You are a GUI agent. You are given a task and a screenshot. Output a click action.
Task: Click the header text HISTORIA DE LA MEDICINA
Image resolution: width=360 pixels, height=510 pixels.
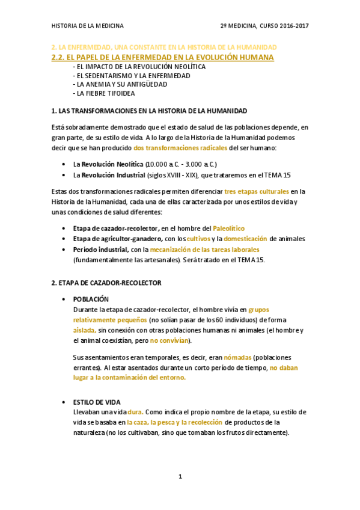coord(88,26)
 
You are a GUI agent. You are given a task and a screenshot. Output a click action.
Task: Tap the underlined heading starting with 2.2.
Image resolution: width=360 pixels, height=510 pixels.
coord(163,57)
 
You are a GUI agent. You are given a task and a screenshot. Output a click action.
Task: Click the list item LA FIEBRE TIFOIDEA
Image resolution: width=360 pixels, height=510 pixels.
coord(104,93)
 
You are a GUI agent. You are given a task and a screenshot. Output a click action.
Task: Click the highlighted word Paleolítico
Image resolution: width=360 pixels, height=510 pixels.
coord(229,228)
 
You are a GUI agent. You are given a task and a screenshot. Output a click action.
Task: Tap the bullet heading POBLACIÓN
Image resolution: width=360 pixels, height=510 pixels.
coord(91,299)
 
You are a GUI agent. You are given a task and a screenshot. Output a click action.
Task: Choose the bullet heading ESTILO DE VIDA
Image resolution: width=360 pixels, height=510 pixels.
coord(97,402)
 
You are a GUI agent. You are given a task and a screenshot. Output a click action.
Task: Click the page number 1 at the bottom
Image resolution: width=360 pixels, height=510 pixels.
coord(180,477)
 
